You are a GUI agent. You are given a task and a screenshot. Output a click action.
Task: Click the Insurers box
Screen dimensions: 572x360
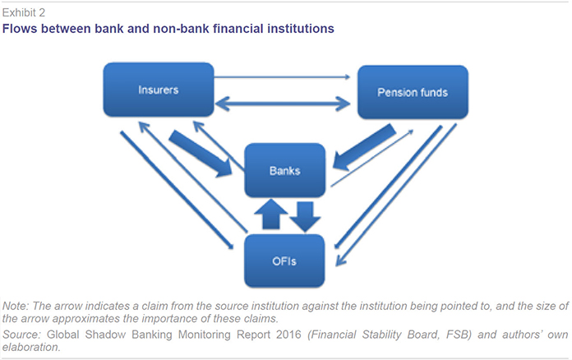point(159,90)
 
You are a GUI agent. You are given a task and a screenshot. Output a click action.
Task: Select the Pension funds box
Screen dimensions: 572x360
point(413,92)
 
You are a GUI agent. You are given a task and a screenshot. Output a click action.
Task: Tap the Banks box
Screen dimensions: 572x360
point(284,170)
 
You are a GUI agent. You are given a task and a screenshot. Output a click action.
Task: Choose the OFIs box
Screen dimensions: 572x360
point(284,261)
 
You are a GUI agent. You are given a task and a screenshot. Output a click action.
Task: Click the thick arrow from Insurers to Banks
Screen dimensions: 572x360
point(201,154)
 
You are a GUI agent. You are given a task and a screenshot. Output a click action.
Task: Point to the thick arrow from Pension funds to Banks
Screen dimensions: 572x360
point(364,147)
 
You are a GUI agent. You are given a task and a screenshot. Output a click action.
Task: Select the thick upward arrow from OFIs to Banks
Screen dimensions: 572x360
point(270,214)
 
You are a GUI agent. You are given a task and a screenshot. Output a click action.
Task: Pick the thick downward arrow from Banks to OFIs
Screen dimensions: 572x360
point(306,217)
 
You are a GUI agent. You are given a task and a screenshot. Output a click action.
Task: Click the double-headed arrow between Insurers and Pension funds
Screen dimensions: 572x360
point(283,104)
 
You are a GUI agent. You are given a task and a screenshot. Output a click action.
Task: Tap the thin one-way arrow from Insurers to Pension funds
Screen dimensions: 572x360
point(282,77)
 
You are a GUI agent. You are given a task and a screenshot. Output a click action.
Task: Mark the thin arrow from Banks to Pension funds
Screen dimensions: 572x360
point(372,158)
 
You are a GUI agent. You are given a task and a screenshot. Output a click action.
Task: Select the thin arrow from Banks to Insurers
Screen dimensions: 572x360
point(219,146)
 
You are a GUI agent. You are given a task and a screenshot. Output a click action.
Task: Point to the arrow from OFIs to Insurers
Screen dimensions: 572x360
point(193,178)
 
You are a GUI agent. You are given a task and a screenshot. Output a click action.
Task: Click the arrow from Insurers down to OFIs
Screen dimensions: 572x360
point(177,190)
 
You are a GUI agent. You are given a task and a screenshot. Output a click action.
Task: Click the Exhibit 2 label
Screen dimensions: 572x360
point(24,13)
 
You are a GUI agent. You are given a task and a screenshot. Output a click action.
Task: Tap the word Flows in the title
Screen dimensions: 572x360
point(20,29)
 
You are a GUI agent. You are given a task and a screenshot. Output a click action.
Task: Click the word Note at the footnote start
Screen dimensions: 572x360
point(15,306)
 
